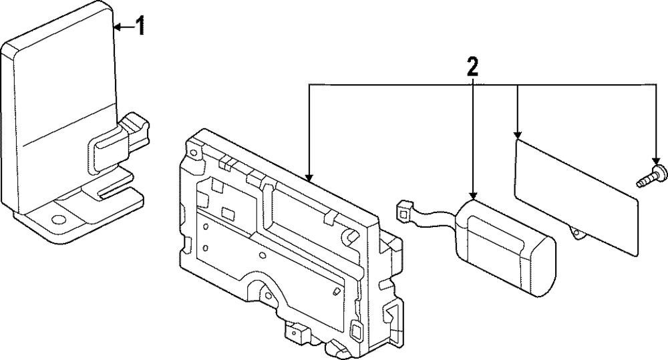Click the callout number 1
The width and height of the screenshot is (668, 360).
click(x=140, y=26)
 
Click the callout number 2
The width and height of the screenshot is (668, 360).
click(x=472, y=66)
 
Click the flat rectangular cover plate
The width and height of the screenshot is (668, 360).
click(x=577, y=196)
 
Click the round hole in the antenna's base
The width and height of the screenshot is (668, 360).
click(x=57, y=220)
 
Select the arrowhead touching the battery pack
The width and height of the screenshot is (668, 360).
click(x=473, y=195)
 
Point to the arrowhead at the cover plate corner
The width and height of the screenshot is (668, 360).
click(x=518, y=135)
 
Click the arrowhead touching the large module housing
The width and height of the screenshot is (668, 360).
click(x=309, y=177)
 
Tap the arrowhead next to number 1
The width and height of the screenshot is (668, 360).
click(x=118, y=27)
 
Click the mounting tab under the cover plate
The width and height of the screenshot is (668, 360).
click(x=577, y=232)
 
